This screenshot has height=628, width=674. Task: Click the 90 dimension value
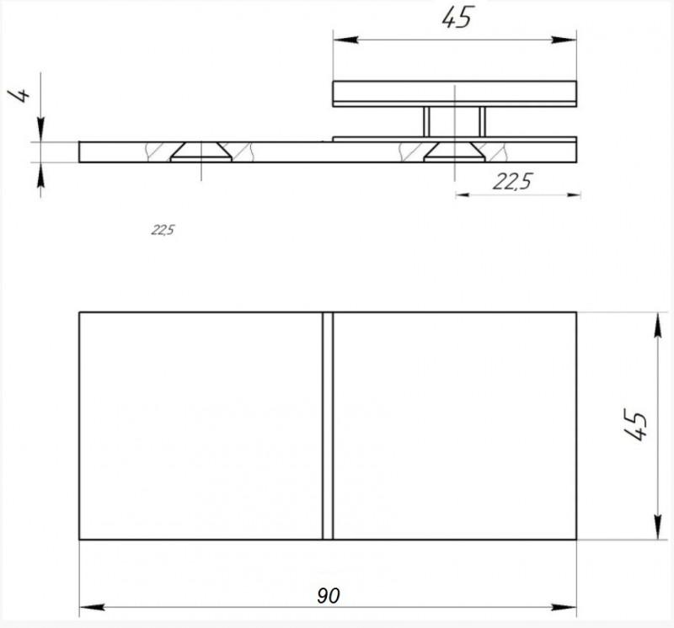pos(329,596)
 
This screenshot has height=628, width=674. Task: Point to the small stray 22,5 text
pos(163,230)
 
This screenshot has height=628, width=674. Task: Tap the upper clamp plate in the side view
pos(455,93)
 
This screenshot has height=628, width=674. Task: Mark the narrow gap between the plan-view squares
pos(328,426)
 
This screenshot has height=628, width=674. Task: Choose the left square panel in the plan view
pos(201,426)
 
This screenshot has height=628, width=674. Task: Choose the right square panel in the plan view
pos(455,426)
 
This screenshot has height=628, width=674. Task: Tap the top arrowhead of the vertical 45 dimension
pos(655,321)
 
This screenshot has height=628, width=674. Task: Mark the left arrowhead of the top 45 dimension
pos(340,37)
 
